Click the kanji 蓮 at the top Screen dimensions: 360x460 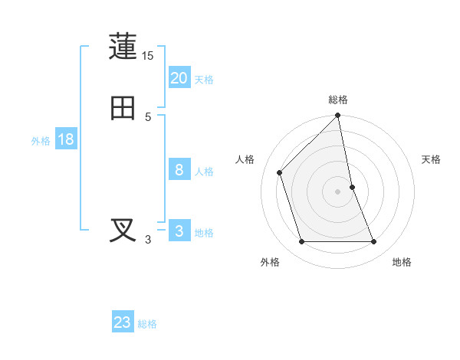pos(123,47)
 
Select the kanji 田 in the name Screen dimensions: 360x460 pos(123,108)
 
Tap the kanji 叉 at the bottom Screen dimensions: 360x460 pos(123,231)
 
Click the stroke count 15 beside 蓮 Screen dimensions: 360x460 pos(148,56)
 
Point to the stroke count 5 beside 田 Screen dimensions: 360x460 pos(148,117)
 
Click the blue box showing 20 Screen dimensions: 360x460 pos(179,78)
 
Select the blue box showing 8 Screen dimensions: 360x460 pos(179,170)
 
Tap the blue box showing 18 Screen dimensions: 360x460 pos(65,139)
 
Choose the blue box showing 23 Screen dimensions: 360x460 pos(123,322)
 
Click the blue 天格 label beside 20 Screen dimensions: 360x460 pos(204,80)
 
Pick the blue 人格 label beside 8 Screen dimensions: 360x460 pos(204,172)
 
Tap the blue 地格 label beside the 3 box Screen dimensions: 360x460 pos(204,233)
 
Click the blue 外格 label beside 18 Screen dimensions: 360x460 pos(41,141)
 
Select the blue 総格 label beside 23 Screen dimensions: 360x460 pos(147,324)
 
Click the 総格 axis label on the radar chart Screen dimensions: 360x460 pos(338,100)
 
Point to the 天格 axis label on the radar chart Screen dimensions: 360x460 pos(432,159)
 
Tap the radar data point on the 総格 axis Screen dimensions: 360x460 pos(338,116)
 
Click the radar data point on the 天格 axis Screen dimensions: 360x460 pos(352,187)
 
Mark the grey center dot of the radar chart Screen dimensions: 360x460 pos(338,191)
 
